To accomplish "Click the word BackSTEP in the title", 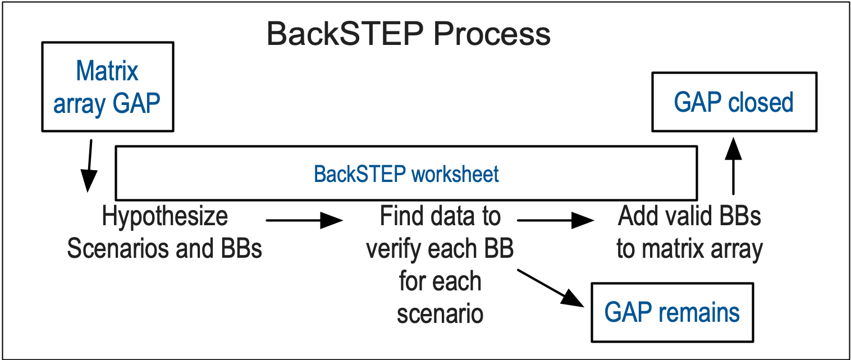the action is (x=345, y=34).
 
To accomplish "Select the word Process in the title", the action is (x=492, y=34).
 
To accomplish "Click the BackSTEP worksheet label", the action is (x=406, y=174).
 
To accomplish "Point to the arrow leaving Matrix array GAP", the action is (x=90, y=166).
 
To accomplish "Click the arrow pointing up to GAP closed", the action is (x=733, y=166).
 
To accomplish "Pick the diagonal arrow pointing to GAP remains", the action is (x=551, y=288).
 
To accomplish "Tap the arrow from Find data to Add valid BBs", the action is (x=556, y=220).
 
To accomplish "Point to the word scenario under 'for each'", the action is (x=440, y=315).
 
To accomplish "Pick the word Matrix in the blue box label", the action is (x=107, y=71).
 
